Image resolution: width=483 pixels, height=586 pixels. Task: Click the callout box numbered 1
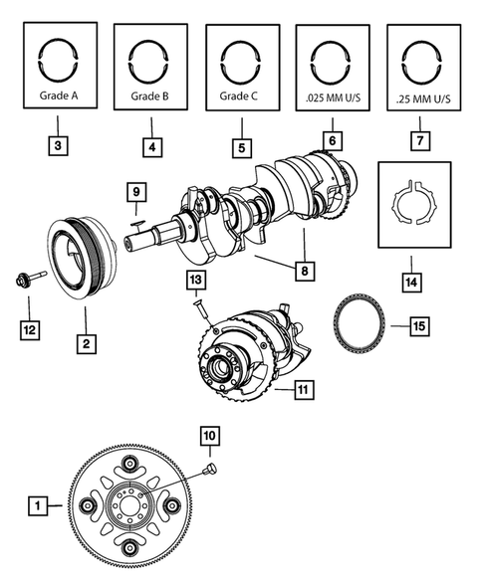pyautogui.click(x=37, y=506)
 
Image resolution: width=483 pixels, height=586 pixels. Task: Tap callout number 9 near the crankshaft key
pyautogui.click(x=137, y=189)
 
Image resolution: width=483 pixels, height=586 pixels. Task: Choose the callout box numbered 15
pyautogui.click(x=420, y=325)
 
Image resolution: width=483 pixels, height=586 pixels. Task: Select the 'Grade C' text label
pyautogui.click(x=240, y=98)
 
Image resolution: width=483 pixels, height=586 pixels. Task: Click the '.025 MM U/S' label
pyautogui.click(x=333, y=100)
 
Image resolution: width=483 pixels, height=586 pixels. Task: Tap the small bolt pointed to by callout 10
pyautogui.click(x=210, y=468)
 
